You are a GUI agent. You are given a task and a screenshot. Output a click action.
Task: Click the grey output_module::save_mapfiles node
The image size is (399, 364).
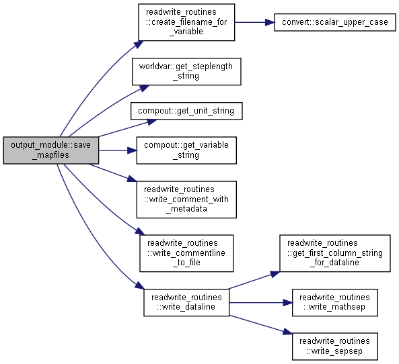click(x=51, y=150)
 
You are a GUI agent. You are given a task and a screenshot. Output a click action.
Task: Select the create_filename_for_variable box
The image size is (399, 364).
click(x=186, y=22)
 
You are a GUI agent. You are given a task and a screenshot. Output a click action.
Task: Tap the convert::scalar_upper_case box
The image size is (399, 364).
click(x=334, y=22)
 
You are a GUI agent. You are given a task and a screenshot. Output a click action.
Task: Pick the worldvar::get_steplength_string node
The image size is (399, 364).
click(x=186, y=71)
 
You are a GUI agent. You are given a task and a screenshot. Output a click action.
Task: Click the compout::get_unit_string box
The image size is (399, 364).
click(x=186, y=111)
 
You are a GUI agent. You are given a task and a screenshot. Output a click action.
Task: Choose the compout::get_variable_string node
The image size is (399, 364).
click(x=186, y=150)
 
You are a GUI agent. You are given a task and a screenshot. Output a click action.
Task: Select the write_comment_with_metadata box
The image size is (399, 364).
click(x=186, y=199)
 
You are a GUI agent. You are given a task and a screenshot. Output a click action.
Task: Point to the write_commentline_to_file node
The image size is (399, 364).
click(x=186, y=253)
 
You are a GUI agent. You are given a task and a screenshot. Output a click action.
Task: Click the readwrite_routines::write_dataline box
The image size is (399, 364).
click(x=186, y=302)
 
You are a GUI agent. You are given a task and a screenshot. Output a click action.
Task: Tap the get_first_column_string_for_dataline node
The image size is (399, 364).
click(x=335, y=253)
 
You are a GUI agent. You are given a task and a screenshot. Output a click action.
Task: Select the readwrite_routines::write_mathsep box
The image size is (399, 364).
click(x=335, y=302)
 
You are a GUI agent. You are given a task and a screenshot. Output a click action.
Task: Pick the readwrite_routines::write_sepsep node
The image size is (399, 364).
click(x=335, y=347)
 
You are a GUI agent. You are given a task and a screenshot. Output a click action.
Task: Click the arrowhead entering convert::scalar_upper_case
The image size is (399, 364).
click(x=270, y=22)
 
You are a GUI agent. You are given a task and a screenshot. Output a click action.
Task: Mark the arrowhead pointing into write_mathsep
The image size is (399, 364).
click(x=288, y=302)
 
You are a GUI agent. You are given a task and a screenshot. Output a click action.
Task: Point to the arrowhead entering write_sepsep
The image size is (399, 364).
click(x=287, y=332)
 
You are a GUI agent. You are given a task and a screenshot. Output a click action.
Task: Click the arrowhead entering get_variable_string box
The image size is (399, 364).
click(x=132, y=150)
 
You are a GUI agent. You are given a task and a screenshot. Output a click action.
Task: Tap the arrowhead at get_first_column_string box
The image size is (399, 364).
click(x=275, y=274)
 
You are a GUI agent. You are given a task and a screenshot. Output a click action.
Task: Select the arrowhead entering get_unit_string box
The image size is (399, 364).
click(x=152, y=122)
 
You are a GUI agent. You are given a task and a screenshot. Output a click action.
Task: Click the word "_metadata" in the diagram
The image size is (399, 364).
click(x=186, y=209)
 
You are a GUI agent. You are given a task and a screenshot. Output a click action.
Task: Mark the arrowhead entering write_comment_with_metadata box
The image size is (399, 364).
click(x=132, y=179)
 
